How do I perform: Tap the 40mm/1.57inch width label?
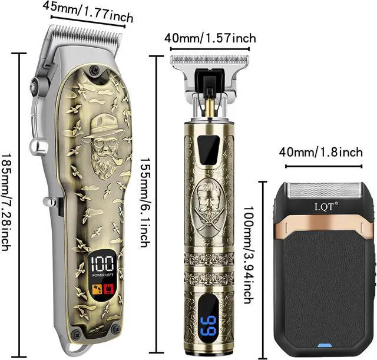point(210,38)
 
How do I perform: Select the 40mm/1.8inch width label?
point(320,153)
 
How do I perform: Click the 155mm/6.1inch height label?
point(144,194)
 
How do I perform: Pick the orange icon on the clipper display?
point(96,288)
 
